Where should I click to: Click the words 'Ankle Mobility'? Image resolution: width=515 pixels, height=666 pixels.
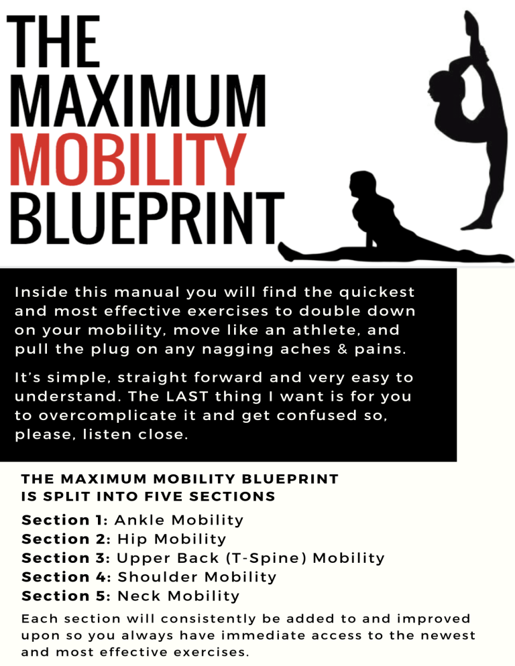tap(179, 520)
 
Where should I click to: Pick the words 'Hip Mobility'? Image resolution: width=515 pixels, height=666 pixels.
tap(172, 539)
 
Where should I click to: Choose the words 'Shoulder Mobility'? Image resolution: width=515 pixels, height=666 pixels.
tap(196, 577)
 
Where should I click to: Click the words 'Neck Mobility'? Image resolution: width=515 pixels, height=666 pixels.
tap(178, 596)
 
